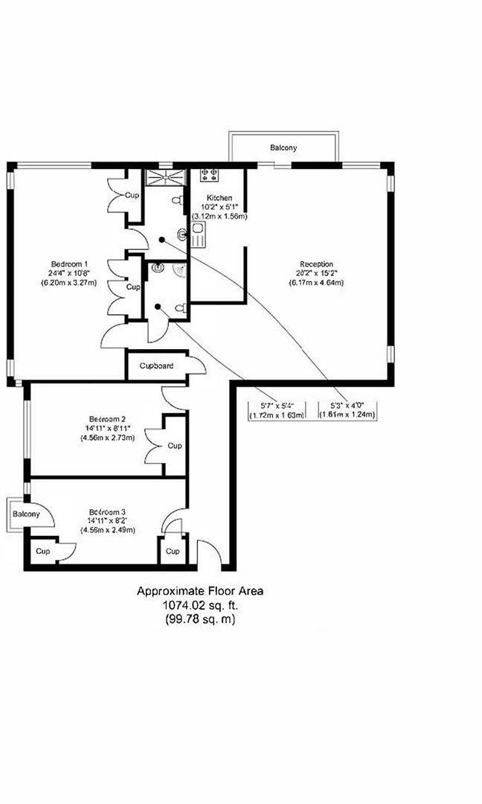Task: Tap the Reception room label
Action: click(x=316, y=264)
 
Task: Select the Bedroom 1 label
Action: click(x=69, y=264)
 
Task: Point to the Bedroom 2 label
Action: click(x=107, y=418)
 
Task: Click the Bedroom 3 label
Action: click(x=107, y=511)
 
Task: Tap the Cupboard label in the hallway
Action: click(x=156, y=366)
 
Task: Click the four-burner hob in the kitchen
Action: click(x=208, y=176)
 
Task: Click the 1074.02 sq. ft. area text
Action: click(x=199, y=605)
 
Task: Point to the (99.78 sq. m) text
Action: click(x=199, y=619)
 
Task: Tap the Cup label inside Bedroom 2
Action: click(x=174, y=446)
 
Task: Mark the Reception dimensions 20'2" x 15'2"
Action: click(x=316, y=272)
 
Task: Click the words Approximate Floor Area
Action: click(x=199, y=591)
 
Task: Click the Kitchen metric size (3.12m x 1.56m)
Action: click(x=219, y=216)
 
